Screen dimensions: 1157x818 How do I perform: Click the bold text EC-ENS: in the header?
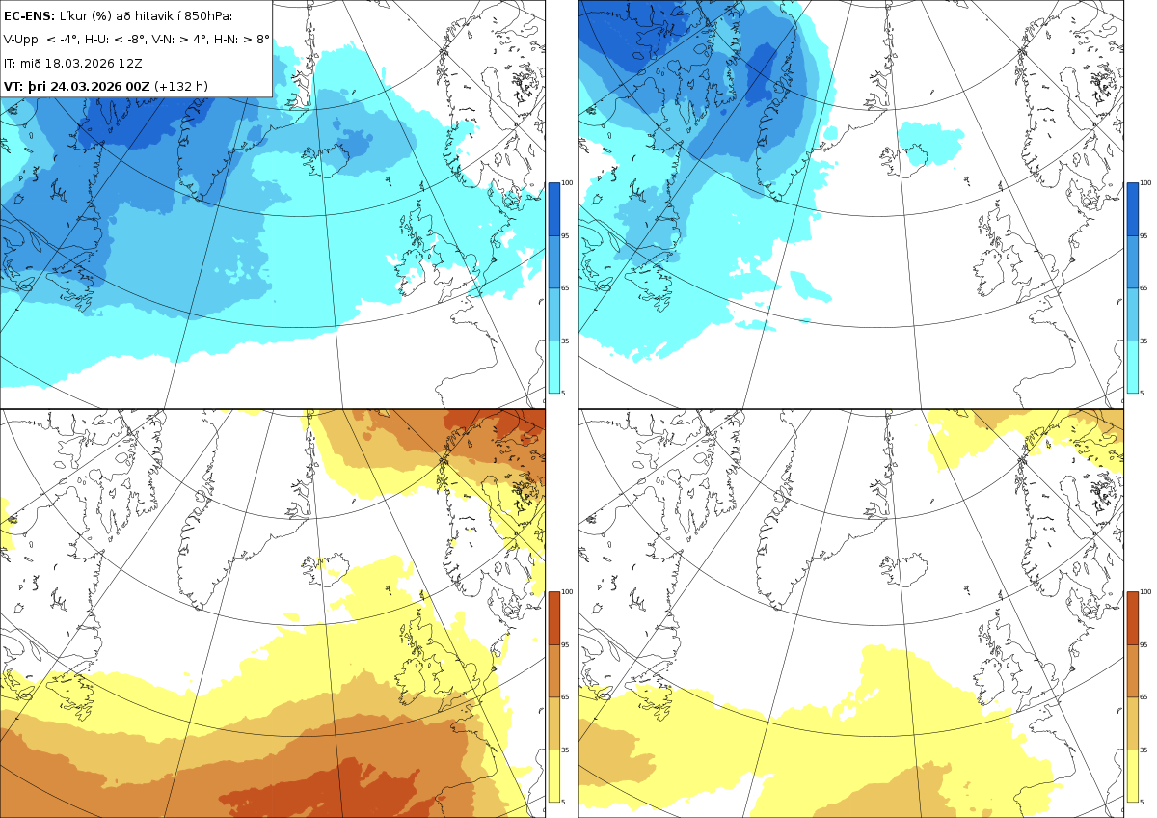[29, 16]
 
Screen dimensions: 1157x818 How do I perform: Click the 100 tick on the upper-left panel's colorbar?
[567, 183]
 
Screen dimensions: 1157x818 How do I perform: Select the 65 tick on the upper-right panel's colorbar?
[1144, 287]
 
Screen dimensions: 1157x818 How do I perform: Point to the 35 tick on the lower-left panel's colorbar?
[565, 750]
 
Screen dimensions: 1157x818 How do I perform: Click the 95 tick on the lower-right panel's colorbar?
[1144, 645]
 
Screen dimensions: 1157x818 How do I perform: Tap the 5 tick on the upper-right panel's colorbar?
[1142, 394]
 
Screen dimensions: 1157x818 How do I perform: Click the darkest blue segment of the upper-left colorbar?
[553, 209]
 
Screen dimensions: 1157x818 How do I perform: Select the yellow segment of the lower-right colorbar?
[1132, 776]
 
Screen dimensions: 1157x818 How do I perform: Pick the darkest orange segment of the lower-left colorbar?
[553, 618]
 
